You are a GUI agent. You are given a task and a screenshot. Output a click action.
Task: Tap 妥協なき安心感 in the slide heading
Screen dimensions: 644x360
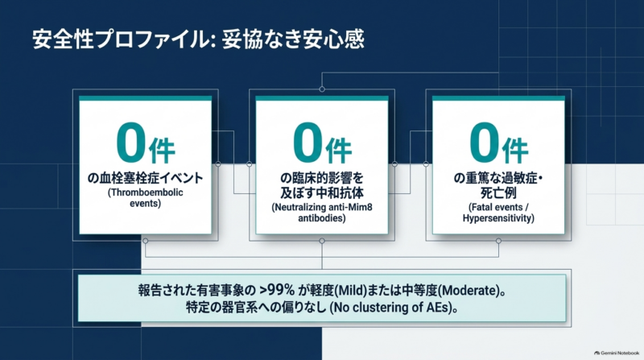(293, 39)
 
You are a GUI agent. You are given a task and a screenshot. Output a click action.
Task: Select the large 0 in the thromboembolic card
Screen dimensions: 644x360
(130, 143)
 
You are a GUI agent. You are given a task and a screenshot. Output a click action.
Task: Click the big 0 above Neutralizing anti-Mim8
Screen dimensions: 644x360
(308, 143)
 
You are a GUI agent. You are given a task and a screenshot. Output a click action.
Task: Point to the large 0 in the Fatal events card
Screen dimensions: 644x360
(484, 143)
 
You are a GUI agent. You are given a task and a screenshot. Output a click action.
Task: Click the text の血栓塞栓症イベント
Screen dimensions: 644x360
(146, 178)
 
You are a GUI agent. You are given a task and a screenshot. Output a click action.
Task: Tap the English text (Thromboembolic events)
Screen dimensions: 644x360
(146, 197)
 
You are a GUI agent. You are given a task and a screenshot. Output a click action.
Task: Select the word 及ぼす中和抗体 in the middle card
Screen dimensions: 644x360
(322, 192)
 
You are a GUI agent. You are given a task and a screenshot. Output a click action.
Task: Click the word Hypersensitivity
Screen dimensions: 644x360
(498, 218)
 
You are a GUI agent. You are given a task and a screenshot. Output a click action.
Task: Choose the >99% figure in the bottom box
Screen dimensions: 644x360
(277, 290)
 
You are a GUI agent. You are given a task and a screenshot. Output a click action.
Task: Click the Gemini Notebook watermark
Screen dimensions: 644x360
(617, 353)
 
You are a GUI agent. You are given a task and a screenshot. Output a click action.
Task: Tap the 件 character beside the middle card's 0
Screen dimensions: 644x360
(338, 151)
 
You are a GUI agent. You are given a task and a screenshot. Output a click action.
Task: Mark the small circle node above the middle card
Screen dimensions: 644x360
(322, 89)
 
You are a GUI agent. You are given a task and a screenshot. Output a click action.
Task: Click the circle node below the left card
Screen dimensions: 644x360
(146, 241)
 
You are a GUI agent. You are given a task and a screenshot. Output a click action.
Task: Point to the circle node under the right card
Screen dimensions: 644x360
(498, 241)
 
